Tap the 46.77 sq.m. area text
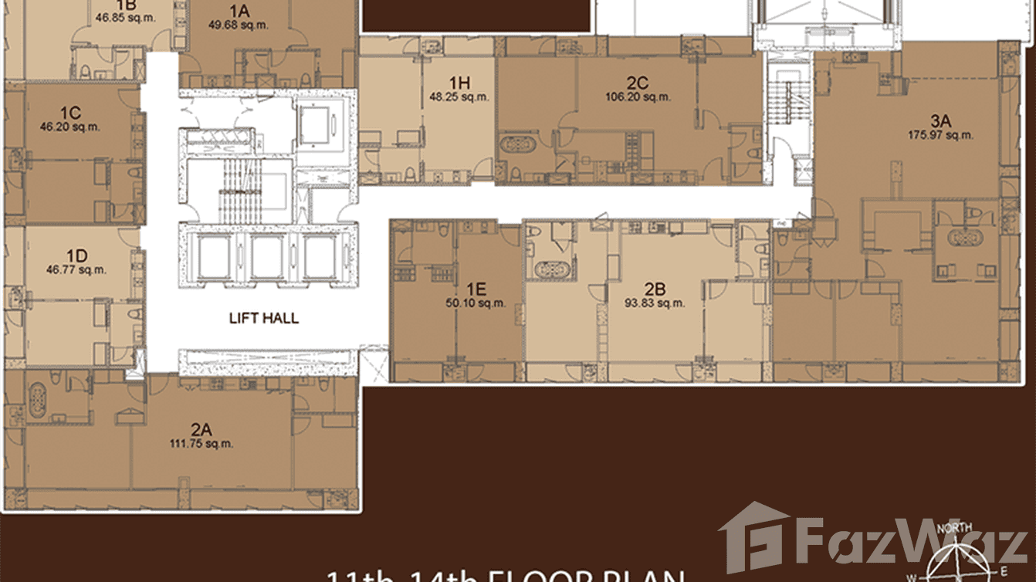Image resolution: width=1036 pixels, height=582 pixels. coord(76,270)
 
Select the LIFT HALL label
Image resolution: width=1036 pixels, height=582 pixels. coord(264,318)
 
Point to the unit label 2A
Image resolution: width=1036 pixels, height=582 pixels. coord(201,429)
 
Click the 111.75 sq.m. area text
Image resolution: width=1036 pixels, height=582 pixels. coord(201,443)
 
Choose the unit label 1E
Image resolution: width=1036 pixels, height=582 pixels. coord(476,289)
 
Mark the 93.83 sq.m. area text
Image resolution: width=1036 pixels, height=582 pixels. coord(655,303)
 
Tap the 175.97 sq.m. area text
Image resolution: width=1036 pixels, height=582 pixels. coord(940,134)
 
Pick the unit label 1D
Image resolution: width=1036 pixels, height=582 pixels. coord(76,256)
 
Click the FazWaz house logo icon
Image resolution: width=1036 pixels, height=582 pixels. coord(754,538)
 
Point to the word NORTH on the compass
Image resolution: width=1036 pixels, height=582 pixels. coord(953,529)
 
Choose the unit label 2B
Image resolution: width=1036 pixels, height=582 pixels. coord(655,289)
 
